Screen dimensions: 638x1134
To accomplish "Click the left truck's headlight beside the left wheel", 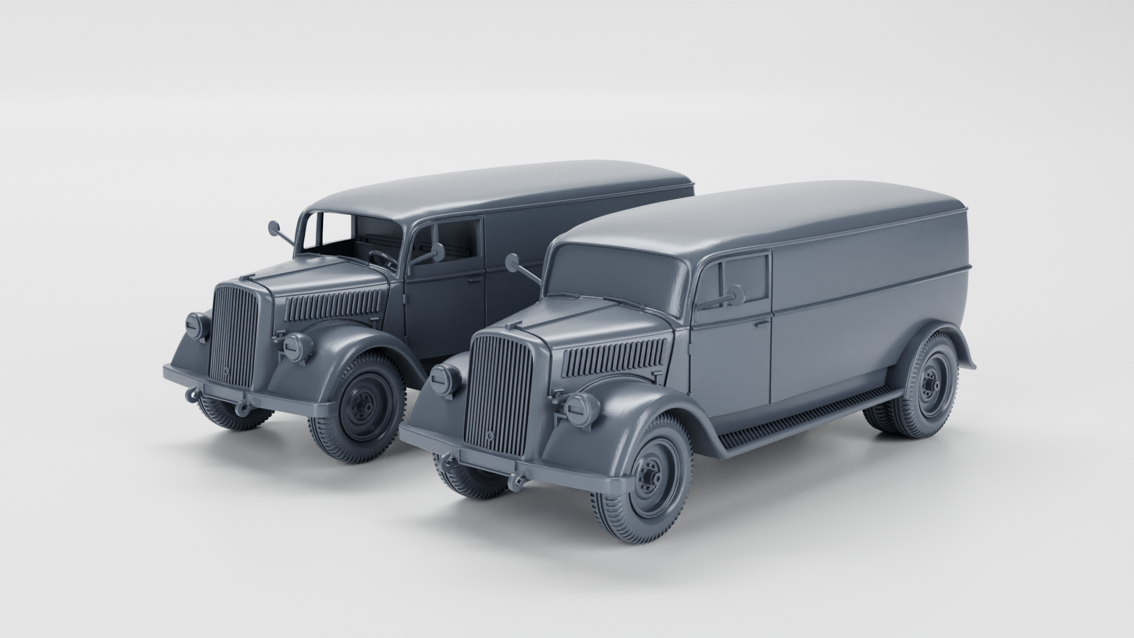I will click(298, 347).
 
